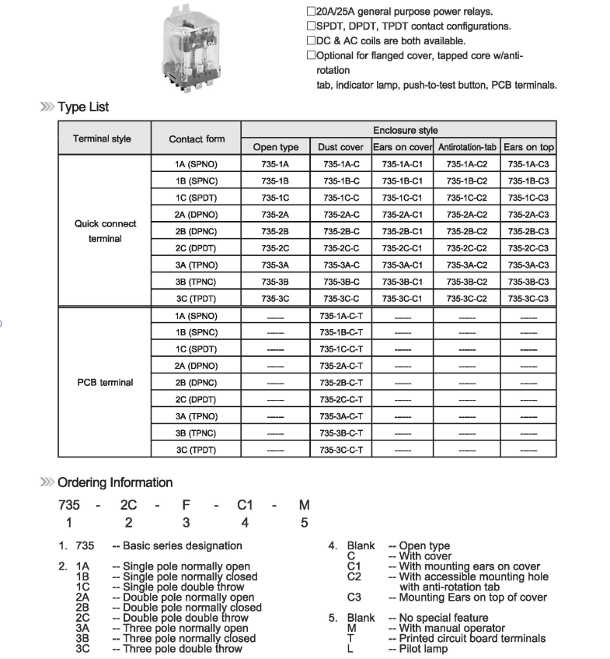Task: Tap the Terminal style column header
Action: (x=102, y=139)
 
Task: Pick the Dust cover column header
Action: (x=340, y=147)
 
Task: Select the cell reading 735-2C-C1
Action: (x=402, y=248)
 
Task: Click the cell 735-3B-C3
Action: (x=528, y=282)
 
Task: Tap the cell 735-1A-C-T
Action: (x=340, y=316)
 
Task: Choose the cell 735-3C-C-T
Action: (x=340, y=450)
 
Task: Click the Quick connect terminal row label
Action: (x=105, y=231)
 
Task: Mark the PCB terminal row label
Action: (x=105, y=383)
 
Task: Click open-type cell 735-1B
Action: (x=275, y=181)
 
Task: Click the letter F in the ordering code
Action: (x=186, y=505)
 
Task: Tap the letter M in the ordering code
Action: (x=305, y=505)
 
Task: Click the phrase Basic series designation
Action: (x=183, y=546)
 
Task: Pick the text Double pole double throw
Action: (x=183, y=618)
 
